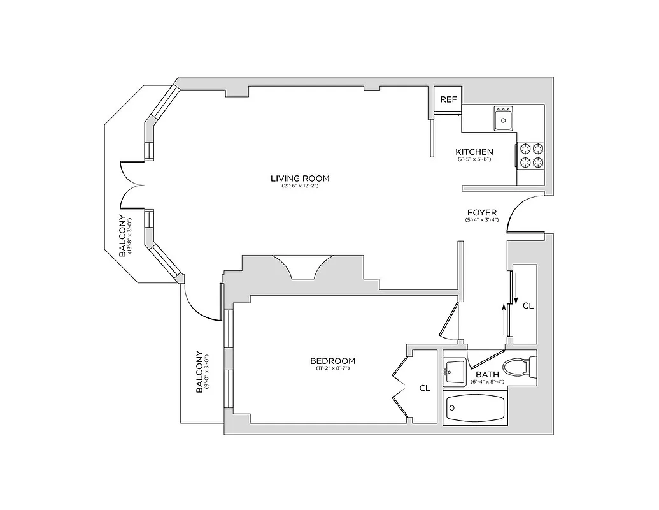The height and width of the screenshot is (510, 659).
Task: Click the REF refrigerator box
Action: pyautogui.click(x=448, y=99)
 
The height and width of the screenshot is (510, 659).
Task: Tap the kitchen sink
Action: pyautogui.click(x=504, y=118)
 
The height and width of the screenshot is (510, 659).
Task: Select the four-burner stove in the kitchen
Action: pyautogui.click(x=532, y=155)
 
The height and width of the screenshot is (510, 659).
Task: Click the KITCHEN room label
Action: pyautogui.click(x=474, y=152)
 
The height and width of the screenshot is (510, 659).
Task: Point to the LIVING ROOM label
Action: pyautogui.click(x=300, y=178)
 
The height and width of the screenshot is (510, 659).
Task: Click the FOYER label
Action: pyautogui.click(x=482, y=212)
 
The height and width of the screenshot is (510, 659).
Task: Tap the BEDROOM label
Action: pyautogui.click(x=334, y=361)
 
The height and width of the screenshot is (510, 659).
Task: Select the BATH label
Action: pyautogui.click(x=487, y=375)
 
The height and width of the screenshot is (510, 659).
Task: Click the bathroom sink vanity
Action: pyautogui.click(x=455, y=370)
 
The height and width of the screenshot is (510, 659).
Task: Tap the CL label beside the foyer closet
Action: pyautogui.click(x=528, y=306)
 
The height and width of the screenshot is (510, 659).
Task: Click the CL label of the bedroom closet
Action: pyautogui.click(x=425, y=388)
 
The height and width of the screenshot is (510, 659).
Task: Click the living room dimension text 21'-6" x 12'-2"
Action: pyautogui.click(x=300, y=186)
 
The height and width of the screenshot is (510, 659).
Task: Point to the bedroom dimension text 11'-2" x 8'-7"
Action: pyautogui.click(x=334, y=368)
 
